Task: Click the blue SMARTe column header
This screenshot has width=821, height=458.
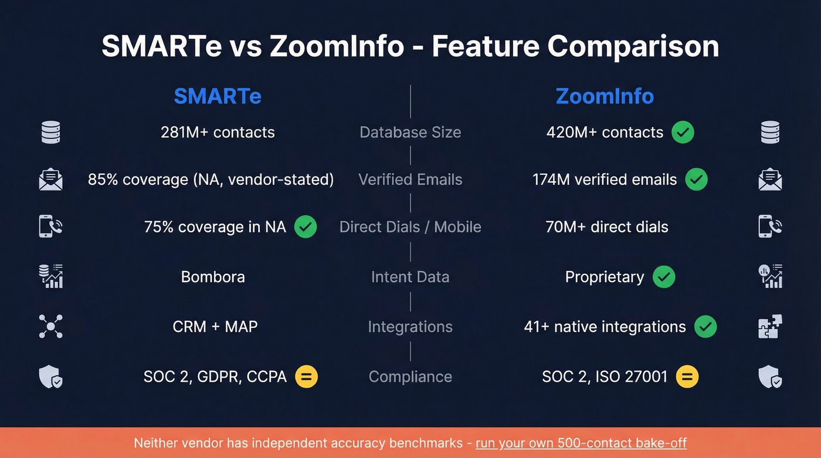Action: [x=218, y=96]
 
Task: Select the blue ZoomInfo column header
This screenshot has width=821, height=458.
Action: [x=605, y=96]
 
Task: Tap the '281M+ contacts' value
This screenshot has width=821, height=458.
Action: [x=218, y=133]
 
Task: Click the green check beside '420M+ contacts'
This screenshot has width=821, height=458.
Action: [x=683, y=133]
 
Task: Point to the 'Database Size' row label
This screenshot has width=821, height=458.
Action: [x=410, y=133]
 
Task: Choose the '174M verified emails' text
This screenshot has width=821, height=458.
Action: [x=605, y=179]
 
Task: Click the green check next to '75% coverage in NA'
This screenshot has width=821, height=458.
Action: [x=305, y=227]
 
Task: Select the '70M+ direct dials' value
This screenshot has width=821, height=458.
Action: [x=607, y=227]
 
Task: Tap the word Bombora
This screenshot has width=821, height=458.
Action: [x=213, y=277]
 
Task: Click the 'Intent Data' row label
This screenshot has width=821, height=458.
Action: [x=410, y=277]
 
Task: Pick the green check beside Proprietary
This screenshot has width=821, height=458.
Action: [x=664, y=277]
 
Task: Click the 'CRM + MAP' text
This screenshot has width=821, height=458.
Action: [x=215, y=327]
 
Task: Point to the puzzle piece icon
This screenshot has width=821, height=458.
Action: [x=770, y=327]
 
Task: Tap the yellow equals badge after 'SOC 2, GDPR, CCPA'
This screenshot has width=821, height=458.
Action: [x=306, y=376]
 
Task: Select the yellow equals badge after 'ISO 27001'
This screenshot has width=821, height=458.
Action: [x=687, y=376]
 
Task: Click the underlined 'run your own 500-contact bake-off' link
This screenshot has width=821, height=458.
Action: [x=581, y=443]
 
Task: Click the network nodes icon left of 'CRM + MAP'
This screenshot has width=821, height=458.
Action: [x=50, y=327]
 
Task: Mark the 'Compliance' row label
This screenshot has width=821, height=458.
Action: [x=410, y=376]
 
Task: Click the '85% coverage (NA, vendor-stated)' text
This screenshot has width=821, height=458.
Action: [x=211, y=179]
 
